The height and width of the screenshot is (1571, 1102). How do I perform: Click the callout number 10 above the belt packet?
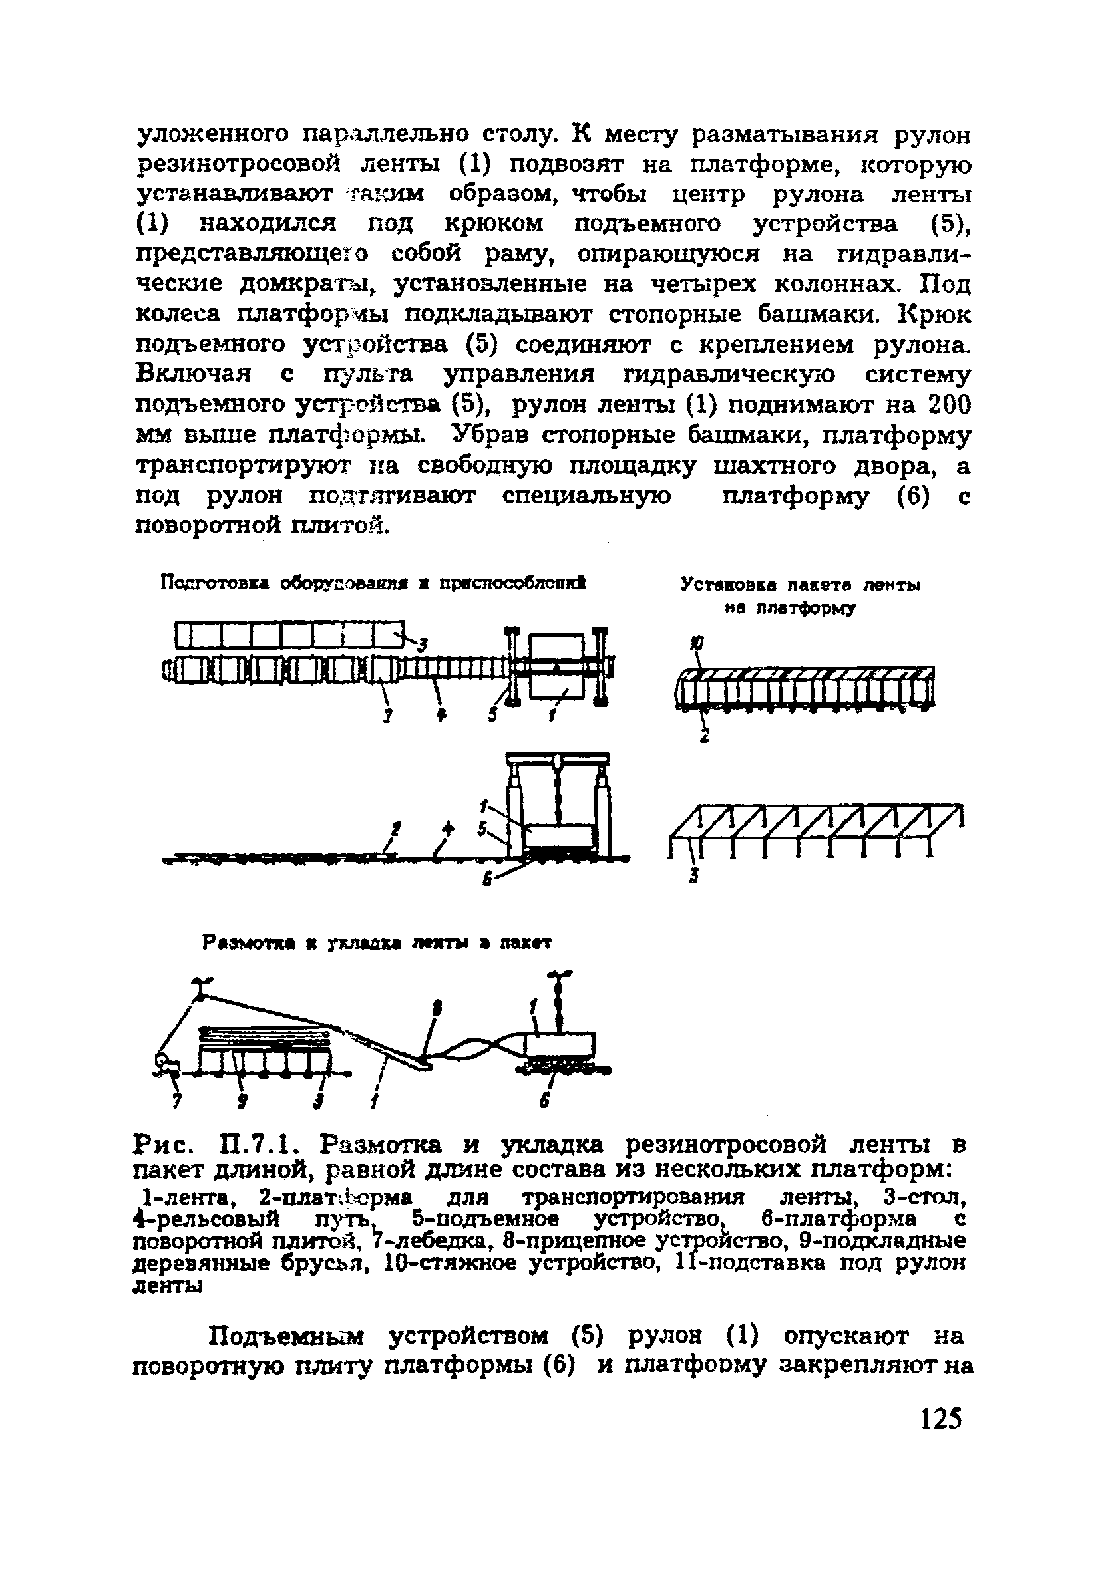[695, 644]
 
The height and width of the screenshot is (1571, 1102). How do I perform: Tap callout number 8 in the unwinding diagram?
[437, 1008]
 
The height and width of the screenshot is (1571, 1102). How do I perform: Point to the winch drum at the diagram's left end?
[165, 1064]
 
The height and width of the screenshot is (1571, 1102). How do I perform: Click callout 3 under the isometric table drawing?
[693, 876]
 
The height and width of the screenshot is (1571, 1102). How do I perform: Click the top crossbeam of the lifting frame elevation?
[557, 757]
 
